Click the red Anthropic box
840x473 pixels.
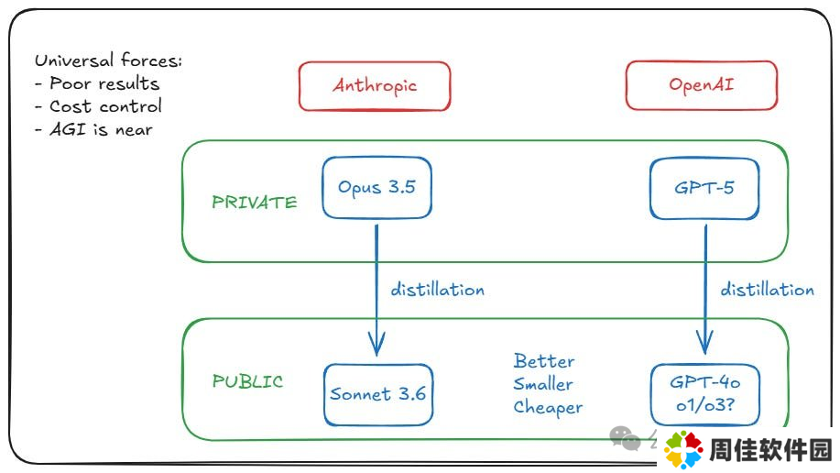click(x=375, y=86)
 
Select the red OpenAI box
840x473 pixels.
click(x=702, y=85)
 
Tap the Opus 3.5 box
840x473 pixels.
click(x=376, y=188)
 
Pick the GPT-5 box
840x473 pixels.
click(x=704, y=188)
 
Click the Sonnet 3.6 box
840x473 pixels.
click(x=378, y=395)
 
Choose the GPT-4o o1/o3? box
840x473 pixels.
click(x=705, y=395)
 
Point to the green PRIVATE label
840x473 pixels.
click(x=255, y=203)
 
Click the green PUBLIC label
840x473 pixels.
click(x=247, y=381)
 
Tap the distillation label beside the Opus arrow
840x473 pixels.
click(x=438, y=289)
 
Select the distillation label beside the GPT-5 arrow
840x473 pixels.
click(x=767, y=289)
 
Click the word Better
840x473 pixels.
click(x=544, y=361)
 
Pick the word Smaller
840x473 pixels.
click(x=543, y=384)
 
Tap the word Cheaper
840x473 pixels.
click(x=548, y=408)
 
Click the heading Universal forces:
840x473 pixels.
click(x=109, y=60)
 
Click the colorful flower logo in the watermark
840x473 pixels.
click(x=683, y=449)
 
